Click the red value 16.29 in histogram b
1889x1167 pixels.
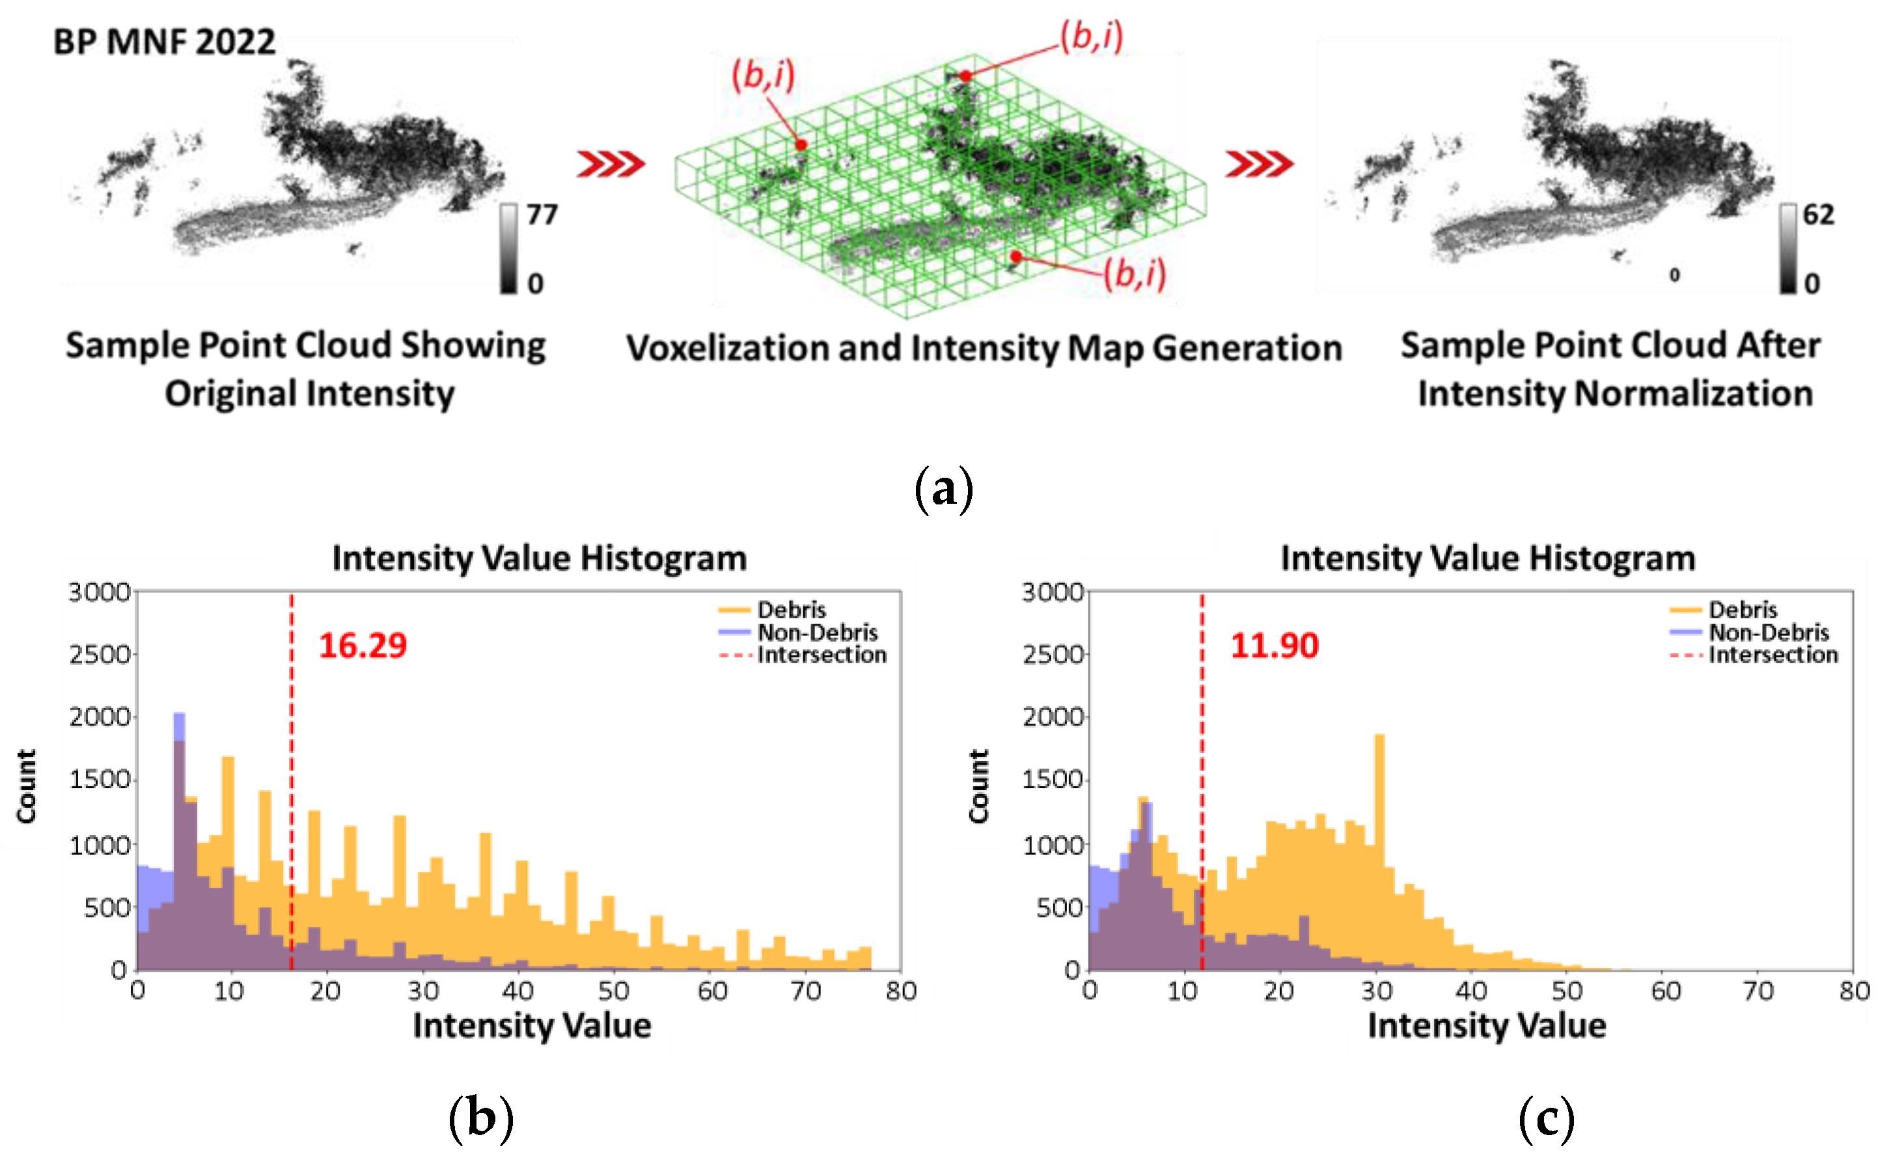coord(363,645)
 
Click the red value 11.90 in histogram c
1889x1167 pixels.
coord(1274,645)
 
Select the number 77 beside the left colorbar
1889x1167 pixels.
coord(542,215)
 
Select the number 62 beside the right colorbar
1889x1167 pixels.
coord(1818,215)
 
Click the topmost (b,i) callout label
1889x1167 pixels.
coord(1091,36)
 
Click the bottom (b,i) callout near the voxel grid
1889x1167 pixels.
coord(1135,273)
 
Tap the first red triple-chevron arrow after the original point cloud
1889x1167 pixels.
coord(611,163)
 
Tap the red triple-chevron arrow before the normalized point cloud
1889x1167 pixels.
coord(1258,163)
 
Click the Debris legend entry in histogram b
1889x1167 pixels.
coord(791,610)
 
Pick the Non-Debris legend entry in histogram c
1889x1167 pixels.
coord(1769,632)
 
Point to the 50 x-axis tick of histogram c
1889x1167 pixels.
coord(1567,990)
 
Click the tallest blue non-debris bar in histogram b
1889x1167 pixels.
coord(179,726)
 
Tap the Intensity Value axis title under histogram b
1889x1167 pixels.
coord(532,1025)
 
